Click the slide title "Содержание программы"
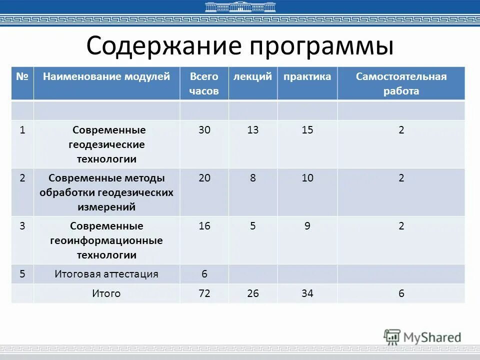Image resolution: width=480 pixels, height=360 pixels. [x=240, y=46]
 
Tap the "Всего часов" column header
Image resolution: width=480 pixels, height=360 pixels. [x=204, y=83]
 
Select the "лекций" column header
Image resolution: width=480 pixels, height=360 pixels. [x=252, y=76]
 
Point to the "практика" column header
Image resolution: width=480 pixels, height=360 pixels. [x=307, y=76]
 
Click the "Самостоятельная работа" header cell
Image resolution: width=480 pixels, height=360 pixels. [x=401, y=83]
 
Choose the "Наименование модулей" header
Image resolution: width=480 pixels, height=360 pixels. [x=106, y=76]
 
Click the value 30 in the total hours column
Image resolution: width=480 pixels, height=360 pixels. [x=204, y=130]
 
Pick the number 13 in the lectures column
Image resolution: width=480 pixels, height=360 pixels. [x=253, y=130]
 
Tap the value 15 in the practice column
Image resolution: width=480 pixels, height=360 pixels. [x=307, y=130]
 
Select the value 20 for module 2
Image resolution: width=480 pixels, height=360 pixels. [x=204, y=178]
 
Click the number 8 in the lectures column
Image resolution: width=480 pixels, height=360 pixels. [x=253, y=178]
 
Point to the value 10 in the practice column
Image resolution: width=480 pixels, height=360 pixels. [x=307, y=178]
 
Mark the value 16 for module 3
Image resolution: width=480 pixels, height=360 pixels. [x=204, y=226]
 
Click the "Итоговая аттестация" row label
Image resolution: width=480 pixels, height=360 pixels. [x=106, y=274]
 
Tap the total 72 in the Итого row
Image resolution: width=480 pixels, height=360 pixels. [x=204, y=293]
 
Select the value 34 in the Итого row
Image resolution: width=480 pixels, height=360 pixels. [x=307, y=293]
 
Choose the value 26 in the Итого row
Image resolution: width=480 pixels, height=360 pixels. [x=253, y=293]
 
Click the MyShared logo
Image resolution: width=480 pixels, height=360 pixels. [x=422, y=336]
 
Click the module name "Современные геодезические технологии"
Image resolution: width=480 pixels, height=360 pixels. [x=106, y=144]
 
